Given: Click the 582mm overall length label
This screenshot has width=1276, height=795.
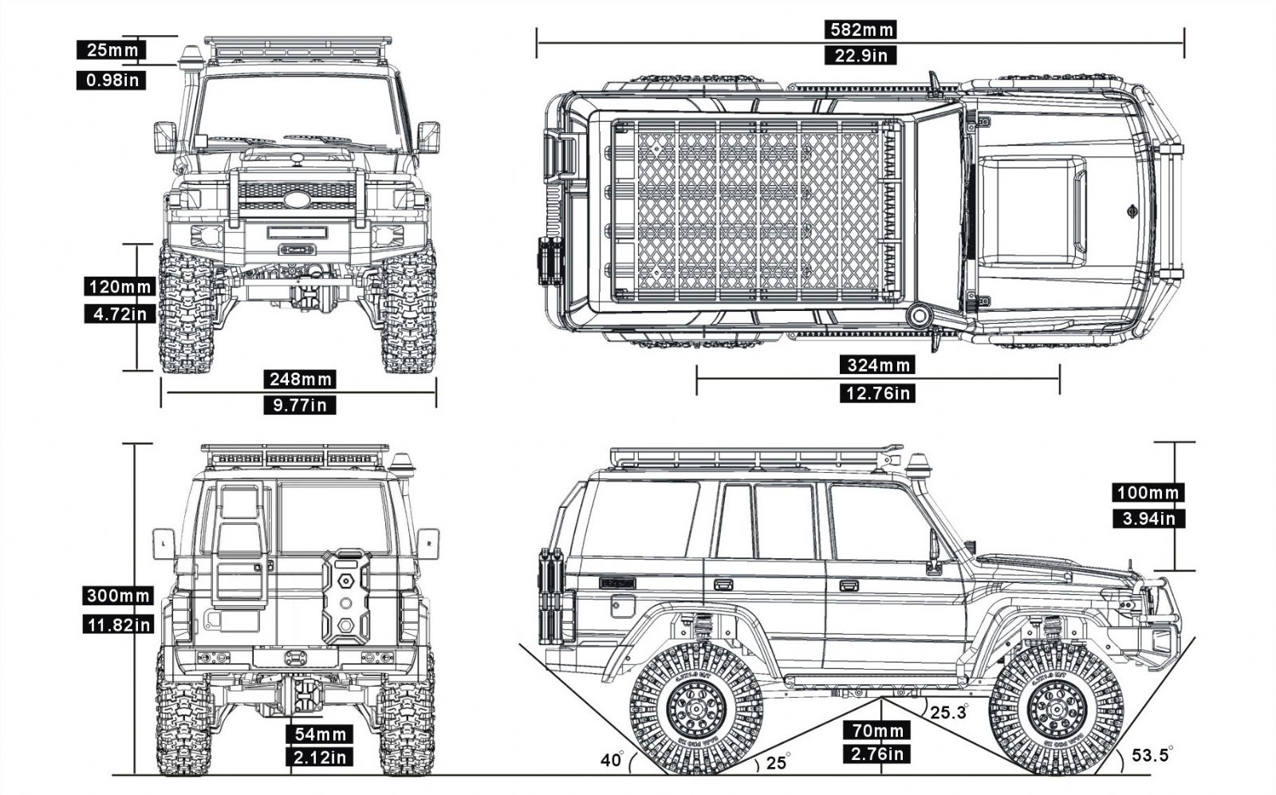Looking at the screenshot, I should [x=861, y=30].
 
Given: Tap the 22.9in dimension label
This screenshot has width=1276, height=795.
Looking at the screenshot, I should [x=861, y=55].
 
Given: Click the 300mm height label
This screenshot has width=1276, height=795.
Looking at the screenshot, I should [x=118, y=596].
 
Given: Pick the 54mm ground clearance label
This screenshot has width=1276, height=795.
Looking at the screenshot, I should [x=320, y=734].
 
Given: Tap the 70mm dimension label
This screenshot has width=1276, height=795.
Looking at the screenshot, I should [x=877, y=730].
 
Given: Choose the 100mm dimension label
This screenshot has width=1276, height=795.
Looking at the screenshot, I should [x=1148, y=493].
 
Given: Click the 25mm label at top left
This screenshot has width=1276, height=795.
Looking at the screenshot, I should [x=111, y=50].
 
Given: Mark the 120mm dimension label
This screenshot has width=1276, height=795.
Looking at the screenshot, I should [x=120, y=286].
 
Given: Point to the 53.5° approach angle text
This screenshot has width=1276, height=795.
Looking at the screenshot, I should [x=1152, y=754].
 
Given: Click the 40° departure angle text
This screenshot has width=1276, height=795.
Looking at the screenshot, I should [x=612, y=760].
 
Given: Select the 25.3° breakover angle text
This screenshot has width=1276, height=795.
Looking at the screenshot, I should [x=949, y=712].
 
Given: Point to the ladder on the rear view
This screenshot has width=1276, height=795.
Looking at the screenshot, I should [x=238, y=542].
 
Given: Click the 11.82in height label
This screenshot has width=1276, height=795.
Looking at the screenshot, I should [x=118, y=624].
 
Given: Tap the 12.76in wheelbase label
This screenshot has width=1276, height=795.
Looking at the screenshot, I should [x=876, y=393].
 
